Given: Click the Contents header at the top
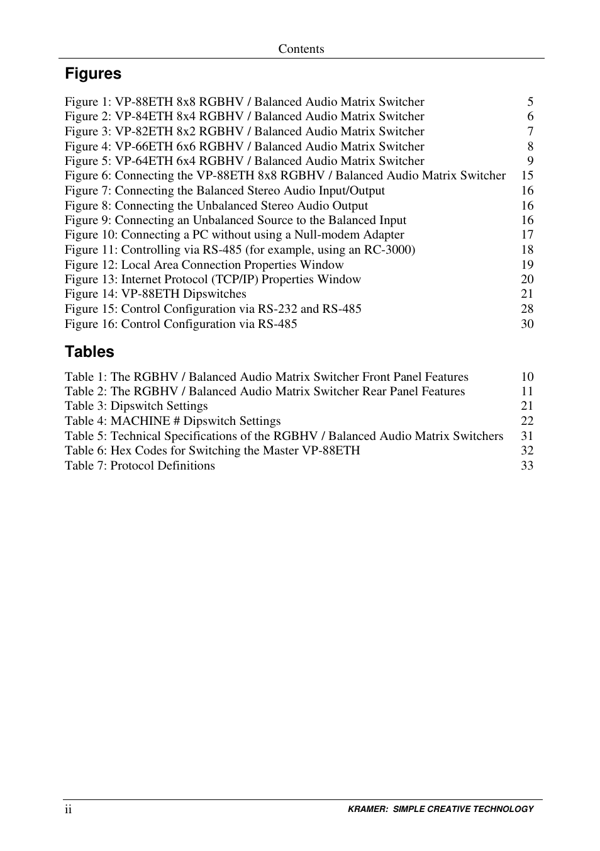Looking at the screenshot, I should [301, 49].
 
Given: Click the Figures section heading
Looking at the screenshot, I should [93, 74].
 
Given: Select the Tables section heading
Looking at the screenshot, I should [89, 352].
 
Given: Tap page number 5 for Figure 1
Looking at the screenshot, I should [530, 102].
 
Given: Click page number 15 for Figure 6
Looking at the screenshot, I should [527, 176].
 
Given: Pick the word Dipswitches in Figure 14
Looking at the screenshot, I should [214, 294].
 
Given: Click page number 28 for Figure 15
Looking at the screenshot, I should [527, 309].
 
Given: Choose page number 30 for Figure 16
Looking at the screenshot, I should [527, 324].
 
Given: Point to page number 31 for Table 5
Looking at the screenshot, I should [527, 436].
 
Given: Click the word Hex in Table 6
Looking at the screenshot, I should [121, 451].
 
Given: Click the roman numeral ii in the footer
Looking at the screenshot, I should [68, 809].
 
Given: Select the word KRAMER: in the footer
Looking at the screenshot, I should [368, 809].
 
